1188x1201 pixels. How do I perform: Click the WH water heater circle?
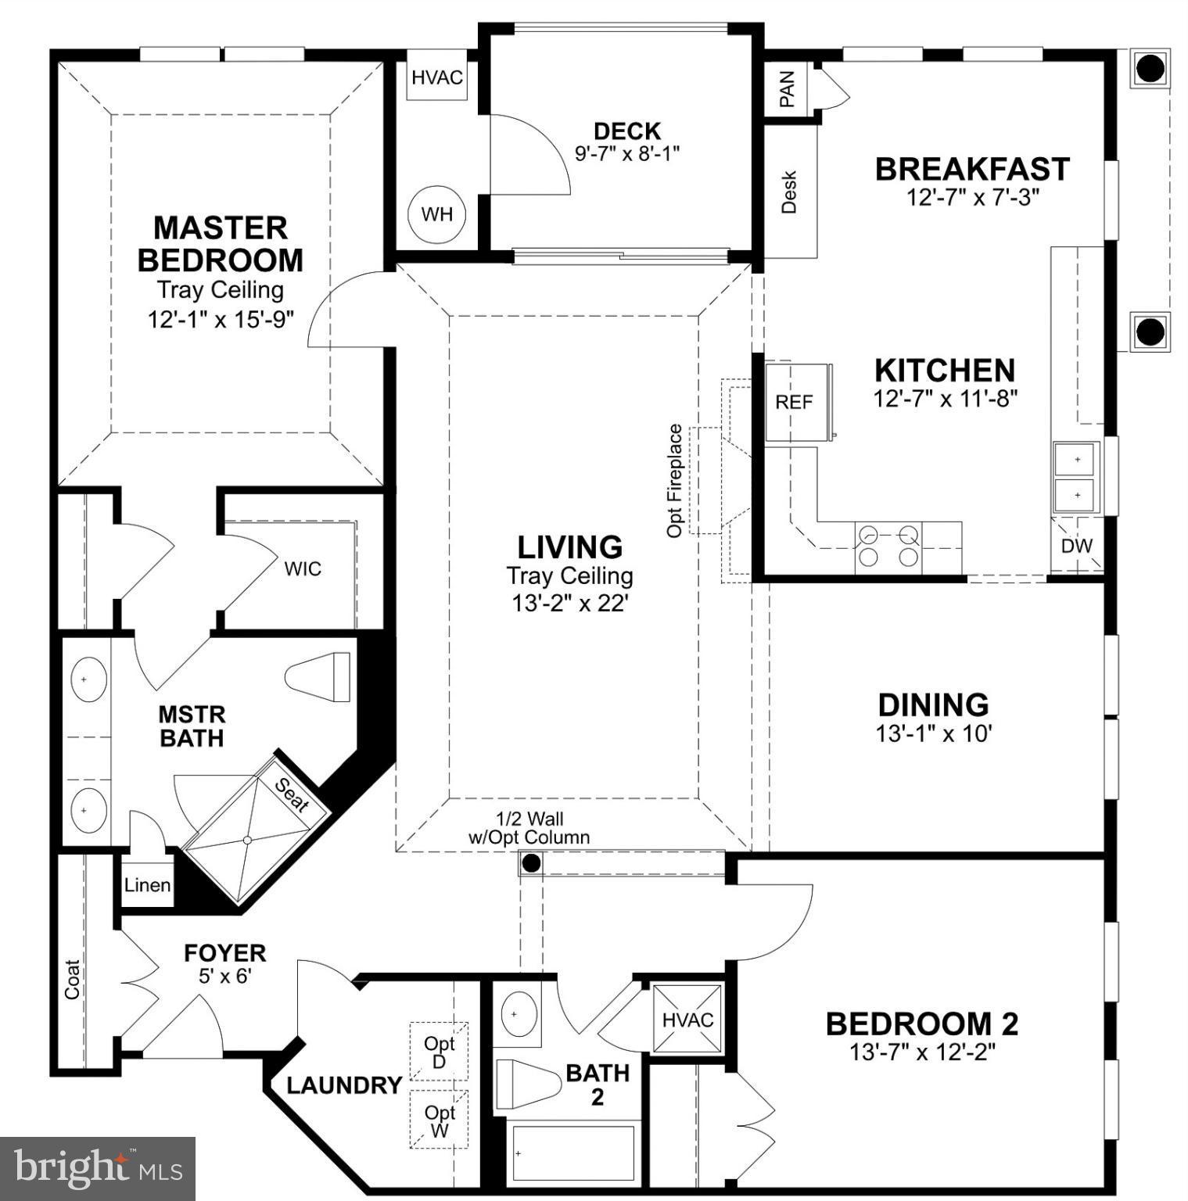point(437,214)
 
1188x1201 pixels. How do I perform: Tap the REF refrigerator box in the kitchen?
point(795,402)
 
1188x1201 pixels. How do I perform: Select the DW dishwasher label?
point(1076,546)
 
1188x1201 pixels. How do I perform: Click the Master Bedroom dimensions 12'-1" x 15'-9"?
point(221,319)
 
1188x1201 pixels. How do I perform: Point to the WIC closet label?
point(303,568)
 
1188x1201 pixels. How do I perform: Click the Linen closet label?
point(147,885)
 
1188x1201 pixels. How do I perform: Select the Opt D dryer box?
point(439,1052)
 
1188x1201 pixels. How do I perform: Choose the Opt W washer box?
point(439,1120)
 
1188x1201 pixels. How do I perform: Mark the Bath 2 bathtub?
point(573,1153)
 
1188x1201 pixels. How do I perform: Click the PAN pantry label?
point(787,88)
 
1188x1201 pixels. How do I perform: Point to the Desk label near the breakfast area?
point(789,192)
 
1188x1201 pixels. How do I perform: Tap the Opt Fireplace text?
point(674,480)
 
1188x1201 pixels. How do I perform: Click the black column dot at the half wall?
point(531,863)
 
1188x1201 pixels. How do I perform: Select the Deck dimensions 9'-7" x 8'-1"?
point(627,153)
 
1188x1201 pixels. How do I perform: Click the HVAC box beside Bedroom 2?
point(687,1020)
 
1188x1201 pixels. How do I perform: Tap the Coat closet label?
point(72,979)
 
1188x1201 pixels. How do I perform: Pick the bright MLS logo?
point(98,1168)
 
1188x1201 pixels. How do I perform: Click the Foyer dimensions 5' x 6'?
point(224,976)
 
